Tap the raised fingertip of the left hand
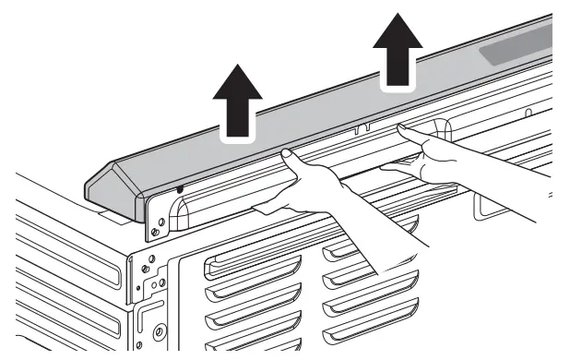coord(286,152)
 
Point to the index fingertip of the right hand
coord(403,131)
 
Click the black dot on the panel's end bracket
coord(180,189)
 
